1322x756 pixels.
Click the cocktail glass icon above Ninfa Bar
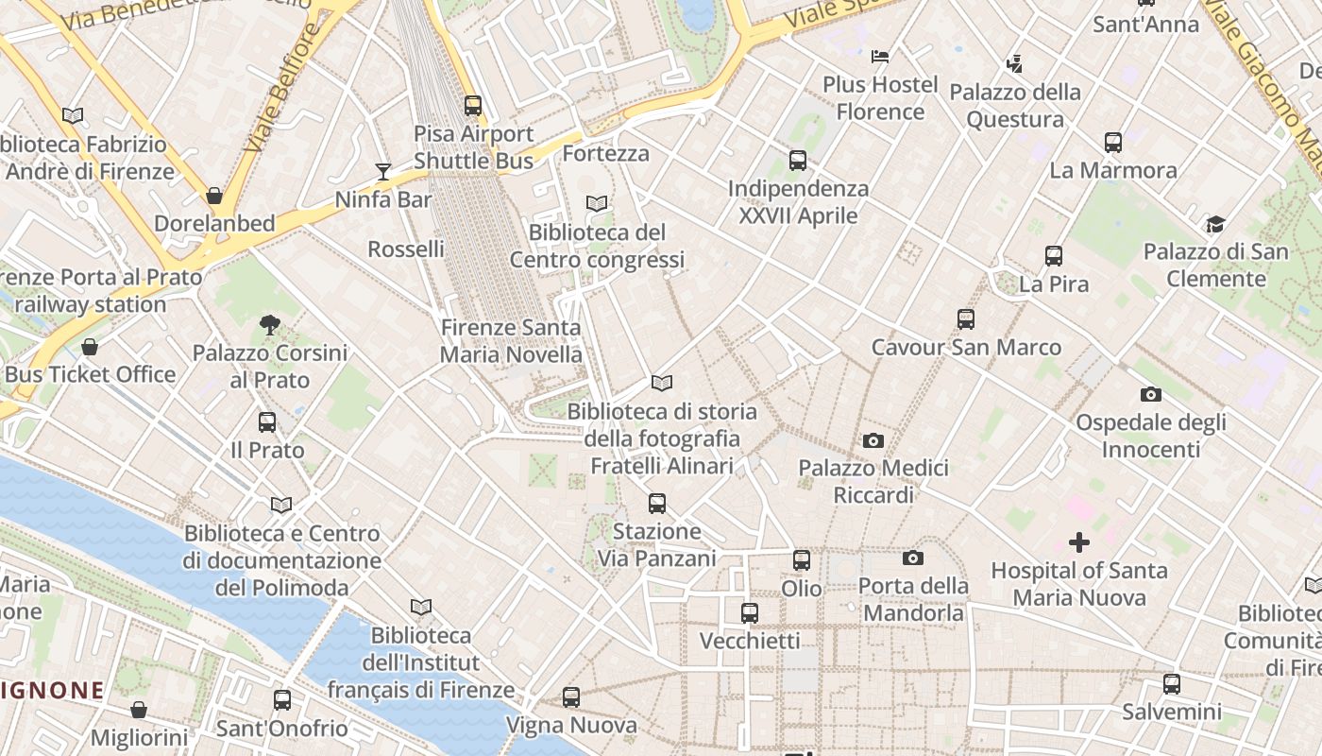[x=382, y=171]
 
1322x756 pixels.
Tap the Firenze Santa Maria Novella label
[x=511, y=341]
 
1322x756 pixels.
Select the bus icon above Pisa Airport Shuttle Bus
[x=473, y=106]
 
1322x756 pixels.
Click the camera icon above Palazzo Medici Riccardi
[x=873, y=440]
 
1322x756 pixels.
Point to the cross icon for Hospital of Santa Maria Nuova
[x=1078, y=542]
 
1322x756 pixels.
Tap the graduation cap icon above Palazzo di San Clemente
[x=1215, y=224]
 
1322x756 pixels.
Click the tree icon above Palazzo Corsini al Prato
[x=270, y=325]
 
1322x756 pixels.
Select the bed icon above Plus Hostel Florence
[x=880, y=57]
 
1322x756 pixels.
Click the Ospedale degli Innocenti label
[x=1150, y=436]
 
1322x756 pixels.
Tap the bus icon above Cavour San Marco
[x=965, y=319]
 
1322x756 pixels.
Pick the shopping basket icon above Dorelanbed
[x=214, y=196]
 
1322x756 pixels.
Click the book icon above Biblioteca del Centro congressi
[x=596, y=203]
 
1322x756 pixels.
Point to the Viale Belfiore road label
[x=280, y=90]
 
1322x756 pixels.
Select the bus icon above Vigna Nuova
[x=571, y=697]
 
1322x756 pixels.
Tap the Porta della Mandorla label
[x=913, y=599]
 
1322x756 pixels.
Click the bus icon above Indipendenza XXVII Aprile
[x=798, y=161]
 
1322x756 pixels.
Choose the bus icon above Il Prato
[x=267, y=422]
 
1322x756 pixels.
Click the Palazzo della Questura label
[x=1015, y=106]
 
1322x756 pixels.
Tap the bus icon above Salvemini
[x=1172, y=683]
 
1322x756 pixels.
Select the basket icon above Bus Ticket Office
[x=90, y=347]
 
